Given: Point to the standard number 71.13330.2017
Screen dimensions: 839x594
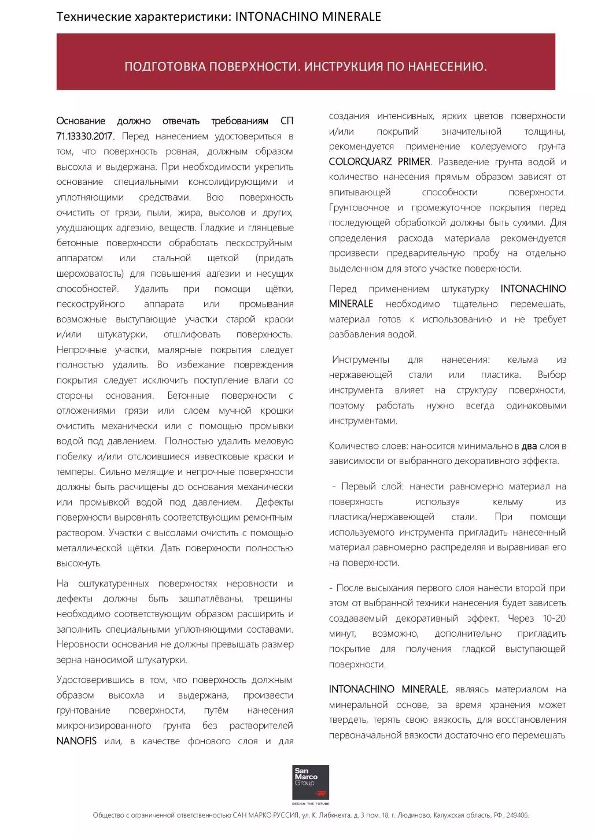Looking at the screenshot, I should coord(86,136).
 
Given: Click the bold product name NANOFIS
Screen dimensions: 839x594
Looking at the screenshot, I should coord(76,741).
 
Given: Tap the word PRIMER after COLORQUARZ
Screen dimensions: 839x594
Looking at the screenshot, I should coord(414,162).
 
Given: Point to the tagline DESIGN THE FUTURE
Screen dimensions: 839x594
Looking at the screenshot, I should coord(310,804).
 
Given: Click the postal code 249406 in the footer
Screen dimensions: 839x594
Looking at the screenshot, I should coord(516,815).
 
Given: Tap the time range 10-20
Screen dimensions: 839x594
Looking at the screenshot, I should coord(554,618).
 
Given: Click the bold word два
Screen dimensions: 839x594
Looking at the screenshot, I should coord(529,446).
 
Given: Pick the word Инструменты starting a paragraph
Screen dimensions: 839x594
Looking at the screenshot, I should coord(360,359).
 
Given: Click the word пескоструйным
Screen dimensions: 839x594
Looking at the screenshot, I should coord(259,243).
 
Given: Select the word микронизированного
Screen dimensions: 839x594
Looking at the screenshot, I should coord(104,726).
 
